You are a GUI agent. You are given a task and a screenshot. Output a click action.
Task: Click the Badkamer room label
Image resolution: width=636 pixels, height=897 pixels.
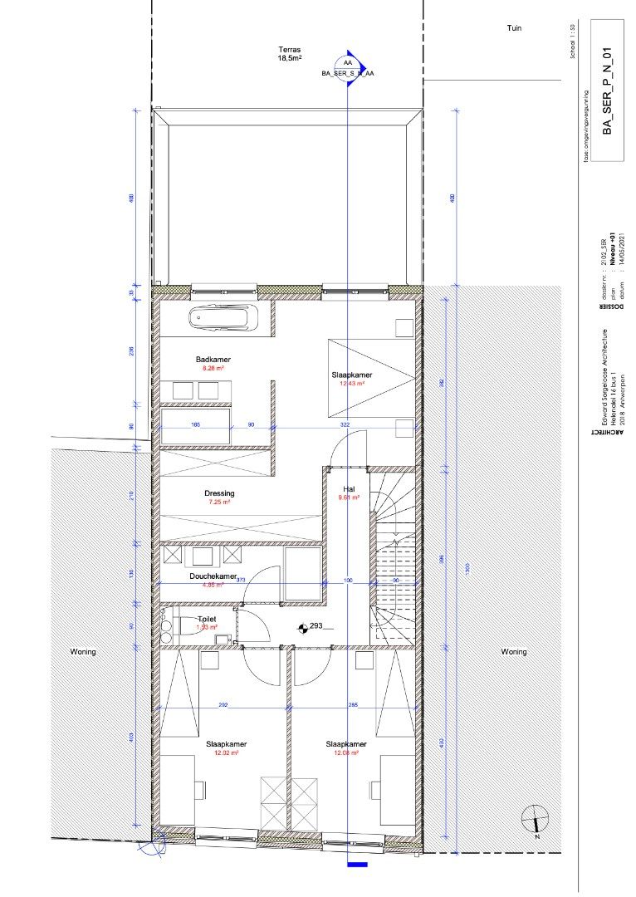[x=213, y=360]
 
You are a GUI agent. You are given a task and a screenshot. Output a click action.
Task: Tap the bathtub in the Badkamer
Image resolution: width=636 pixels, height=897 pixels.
[x=223, y=318]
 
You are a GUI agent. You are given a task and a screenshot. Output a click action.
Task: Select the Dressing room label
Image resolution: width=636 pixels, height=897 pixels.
[x=219, y=493]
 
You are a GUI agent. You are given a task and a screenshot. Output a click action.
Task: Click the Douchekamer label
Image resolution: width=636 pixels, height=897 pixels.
[x=213, y=576]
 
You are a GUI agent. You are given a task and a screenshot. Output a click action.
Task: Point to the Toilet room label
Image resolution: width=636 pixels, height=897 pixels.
[x=208, y=620]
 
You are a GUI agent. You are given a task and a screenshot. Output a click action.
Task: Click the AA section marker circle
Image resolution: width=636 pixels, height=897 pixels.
[x=347, y=63]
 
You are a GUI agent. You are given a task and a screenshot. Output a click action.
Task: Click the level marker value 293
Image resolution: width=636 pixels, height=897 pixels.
[x=316, y=627]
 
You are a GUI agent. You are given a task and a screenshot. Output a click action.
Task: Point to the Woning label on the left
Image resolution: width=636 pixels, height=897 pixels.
[x=82, y=652]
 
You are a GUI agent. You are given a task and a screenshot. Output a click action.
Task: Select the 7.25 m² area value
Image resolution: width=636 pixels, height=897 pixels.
[x=219, y=502]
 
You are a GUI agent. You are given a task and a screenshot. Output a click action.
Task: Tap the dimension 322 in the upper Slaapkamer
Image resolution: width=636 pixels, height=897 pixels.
[x=345, y=424]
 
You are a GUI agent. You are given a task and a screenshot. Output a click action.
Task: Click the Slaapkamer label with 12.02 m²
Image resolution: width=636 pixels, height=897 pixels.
[x=227, y=744]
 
